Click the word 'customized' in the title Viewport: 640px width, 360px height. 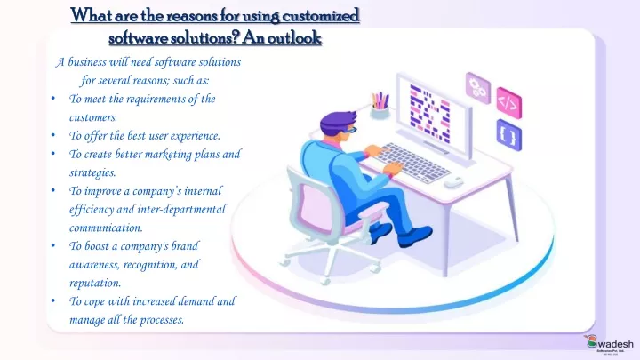[320, 15]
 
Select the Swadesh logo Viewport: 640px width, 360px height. [610, 345]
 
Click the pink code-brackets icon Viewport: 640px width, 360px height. [509, 103]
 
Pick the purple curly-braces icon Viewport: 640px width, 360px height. [509, 135]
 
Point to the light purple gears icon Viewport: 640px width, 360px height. [478, 87]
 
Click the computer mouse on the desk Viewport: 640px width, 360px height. [453, 182]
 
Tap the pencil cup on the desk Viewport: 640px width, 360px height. [380, 105]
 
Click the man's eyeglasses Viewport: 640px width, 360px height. [351, 130]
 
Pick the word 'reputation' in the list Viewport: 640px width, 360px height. [95, 283]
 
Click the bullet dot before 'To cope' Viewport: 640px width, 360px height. [53, 301]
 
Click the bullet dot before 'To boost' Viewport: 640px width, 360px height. [53, 245]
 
